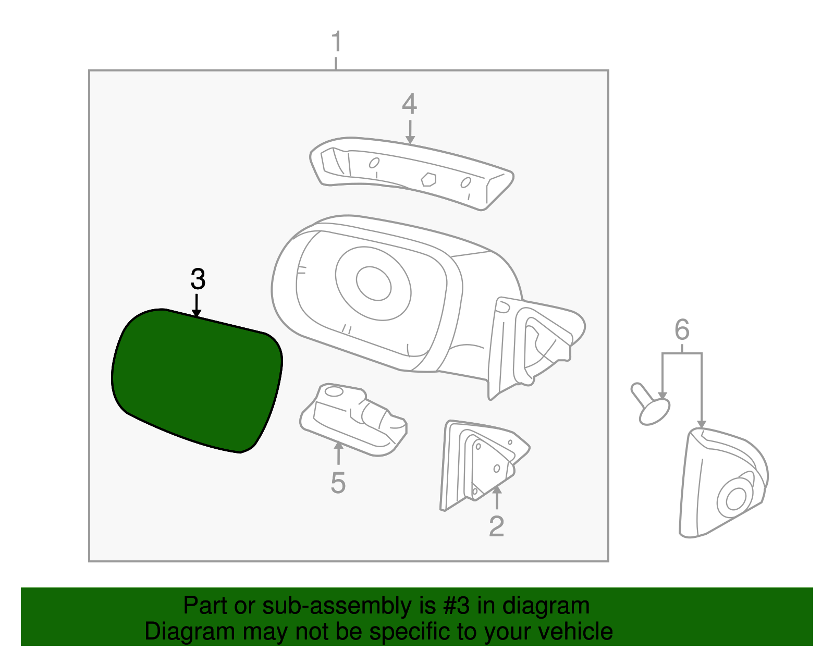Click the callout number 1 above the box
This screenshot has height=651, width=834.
pyautogui.click(x=336, y=41)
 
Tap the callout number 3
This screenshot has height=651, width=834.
pyautogui.click(x=198, y=279)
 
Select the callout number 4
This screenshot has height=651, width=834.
pyautogui.click(x=409, y=104)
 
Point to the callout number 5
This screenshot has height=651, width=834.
pyautogui.click(x=338, y=483)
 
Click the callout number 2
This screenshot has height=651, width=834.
pyautogui.click(x=496, y=526)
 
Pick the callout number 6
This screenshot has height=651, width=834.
pyautogui.click(x=682, y=330)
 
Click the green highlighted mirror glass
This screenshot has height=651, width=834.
pyautogui.click(x=197, y=380)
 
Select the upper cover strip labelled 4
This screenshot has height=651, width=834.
pyautogui.click(x=412, y=172)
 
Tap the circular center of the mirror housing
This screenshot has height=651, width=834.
pyautogui.click(x=374, y=283)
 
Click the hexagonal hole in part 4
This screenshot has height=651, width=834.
pyautogui.click(x=428, y=179)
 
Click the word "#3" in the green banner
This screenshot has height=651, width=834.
pyautogui.click(x=457, y=606)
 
